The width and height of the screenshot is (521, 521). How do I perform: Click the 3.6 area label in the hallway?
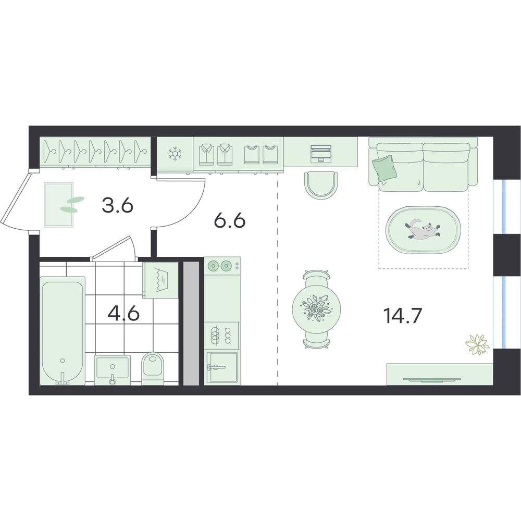pyautogui.click(x=118, y=206)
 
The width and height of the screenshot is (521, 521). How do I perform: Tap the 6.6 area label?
pyautogui.click(x=230, y=220)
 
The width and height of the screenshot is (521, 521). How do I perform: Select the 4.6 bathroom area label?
pyautogui.click(x=123, y=313)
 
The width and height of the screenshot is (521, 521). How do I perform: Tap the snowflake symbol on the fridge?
pyautogui.click(x=175, y=154)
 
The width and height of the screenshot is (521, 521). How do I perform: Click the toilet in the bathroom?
pyautogui.click(x=153, y=368)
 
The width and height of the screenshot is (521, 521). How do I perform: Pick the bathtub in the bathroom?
pyautogui.click(x=63, y=331)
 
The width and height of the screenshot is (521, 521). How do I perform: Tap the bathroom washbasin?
pyautogui.click(x=113, y=370)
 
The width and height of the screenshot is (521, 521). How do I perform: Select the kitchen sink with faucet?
pyautogui.click(x=222, y=367)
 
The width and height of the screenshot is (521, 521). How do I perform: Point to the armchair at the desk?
pyautogui.click(x=321, y=185)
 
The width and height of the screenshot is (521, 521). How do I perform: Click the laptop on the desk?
pyautogui.click(x=321, y=154)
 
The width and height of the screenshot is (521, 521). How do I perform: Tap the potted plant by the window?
pyautogui.click(x=477, y=344)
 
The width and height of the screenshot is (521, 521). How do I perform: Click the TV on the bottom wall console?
pyautogui.click(x=432, y=379)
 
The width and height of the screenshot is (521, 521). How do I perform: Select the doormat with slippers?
pyautogui.click(x=59, y=204)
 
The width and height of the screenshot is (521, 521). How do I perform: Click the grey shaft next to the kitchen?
pyautogui.click(x=191, y=324)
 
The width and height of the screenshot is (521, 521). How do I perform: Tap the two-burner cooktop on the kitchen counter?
pyautogui.click(x=221, y=266)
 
